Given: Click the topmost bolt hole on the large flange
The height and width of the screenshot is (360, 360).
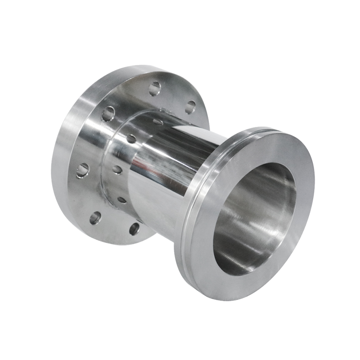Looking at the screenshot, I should click(x=154, y=88).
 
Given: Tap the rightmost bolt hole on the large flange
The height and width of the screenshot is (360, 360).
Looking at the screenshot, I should click(x=190, y=107).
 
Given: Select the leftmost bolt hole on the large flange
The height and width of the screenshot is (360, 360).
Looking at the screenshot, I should click(x=82, y=170).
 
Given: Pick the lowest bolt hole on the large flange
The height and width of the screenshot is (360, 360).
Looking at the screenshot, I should click(x=134, y=229).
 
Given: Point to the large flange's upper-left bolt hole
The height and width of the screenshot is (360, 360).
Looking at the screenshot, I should click(x=108, y=114).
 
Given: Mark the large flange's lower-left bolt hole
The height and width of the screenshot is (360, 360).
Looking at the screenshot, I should click(x=95, y=218).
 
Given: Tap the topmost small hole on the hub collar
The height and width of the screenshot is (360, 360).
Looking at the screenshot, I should click(x=158, y=121).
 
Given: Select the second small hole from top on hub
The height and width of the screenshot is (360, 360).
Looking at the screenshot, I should click(x=131, y=139).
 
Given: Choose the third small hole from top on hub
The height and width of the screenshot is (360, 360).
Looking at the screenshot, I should click(x=117, y=170).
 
